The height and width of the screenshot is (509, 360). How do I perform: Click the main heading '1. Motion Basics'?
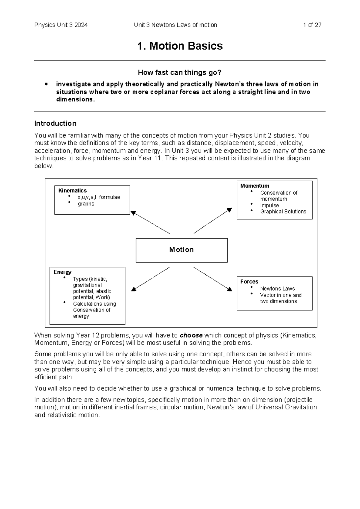[180, 46]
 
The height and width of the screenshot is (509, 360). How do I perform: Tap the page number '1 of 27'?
[312, 25]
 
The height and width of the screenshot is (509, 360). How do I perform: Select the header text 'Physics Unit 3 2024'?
[61, 25]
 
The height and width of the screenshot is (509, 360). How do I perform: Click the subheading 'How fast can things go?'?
[179, 73]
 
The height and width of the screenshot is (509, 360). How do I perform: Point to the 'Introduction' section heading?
[55, 123]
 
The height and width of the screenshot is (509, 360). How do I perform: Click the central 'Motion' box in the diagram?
[181, 250]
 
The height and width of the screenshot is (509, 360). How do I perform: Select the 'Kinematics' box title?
[72, 191]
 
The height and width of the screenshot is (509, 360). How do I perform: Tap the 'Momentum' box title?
[254, 186]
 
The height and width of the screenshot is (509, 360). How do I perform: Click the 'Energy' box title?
[62, 272]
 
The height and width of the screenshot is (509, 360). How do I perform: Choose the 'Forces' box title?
[249, 282]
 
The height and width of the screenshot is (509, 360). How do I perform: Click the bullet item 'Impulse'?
[269, 205]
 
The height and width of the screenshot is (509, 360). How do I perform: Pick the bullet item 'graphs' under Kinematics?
[86, 204]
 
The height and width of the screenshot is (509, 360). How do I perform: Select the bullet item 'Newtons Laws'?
[277, 288]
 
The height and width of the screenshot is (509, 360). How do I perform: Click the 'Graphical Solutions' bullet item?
[283, 212]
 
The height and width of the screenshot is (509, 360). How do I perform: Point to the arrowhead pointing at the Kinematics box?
[133, 213]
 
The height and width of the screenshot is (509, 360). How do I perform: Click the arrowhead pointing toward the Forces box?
[229, 289]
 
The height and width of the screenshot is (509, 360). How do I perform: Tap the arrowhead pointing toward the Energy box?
[134, 289]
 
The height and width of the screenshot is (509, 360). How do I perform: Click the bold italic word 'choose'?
[191, 335]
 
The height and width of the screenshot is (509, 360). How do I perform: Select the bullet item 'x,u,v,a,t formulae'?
[98, 197]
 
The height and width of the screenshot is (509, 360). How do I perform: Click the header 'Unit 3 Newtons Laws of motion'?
[175, 25]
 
